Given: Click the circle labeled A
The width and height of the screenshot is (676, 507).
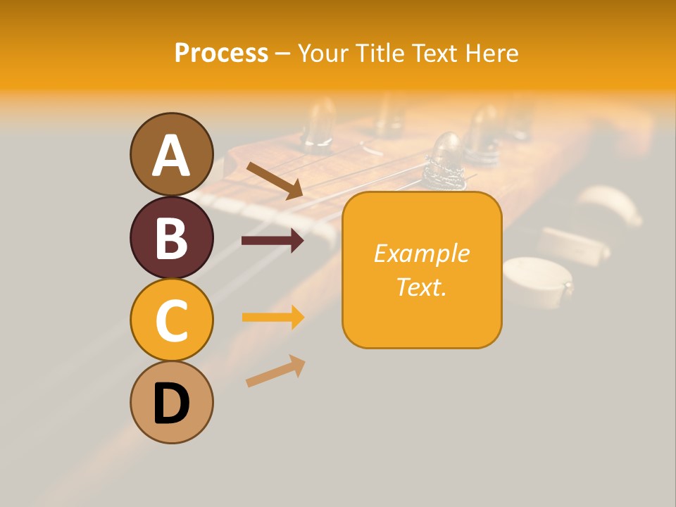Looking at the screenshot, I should click(x=171, y=155).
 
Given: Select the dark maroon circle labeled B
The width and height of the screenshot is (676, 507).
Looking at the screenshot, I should click(x=171, y=238).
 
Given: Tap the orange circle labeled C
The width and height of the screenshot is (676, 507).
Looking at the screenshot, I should click(x=171, y=320).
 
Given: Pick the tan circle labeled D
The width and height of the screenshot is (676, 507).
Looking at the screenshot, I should click(x=171, y=403).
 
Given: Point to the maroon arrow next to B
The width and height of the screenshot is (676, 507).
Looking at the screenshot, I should click(x=273, y=241).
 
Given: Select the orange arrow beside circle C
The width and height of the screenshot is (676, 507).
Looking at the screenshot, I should click(x=273, y=317).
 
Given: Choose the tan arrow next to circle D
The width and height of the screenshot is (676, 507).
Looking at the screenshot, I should click(x=275, y=372).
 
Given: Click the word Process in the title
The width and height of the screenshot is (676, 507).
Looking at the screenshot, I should click(x=221, y=53).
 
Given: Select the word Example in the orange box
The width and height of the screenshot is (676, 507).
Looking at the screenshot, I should click(x=422, y=253).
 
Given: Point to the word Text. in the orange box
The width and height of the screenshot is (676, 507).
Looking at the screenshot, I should click(x=422, y=286).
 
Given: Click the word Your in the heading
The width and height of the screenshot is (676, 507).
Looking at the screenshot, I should click(x=321, y=53).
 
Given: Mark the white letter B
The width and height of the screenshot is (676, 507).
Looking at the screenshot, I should click(x=171, y=238).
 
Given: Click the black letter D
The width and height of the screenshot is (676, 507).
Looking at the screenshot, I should click(x=171, y=404).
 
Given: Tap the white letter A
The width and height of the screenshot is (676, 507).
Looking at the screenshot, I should click(x=171, y=156).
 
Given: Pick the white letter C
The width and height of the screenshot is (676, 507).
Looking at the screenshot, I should click(x=171, y=321).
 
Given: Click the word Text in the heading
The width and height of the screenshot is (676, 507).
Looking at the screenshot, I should click(x=432, y=53).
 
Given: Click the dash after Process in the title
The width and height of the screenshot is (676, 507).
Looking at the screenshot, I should click(x=283, y=54).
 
